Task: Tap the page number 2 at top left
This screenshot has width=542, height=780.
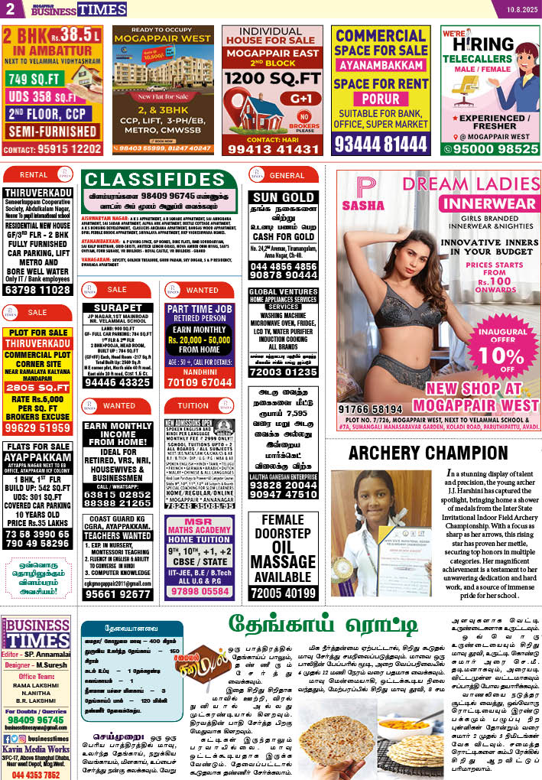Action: [x=10, y=8]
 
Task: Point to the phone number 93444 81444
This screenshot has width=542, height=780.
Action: [x=379, y=144]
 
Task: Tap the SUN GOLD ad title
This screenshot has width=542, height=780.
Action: [x=283, y=197]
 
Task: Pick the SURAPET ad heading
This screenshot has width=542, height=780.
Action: [x=117, y=308]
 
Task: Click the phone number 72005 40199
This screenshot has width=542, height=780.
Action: [x=283, y=593]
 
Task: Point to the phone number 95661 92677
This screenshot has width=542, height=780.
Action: [x=117, y=593]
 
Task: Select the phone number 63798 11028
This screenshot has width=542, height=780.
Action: [x=37, y=291]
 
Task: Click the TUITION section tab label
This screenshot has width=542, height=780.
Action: [x=193, y=406]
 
